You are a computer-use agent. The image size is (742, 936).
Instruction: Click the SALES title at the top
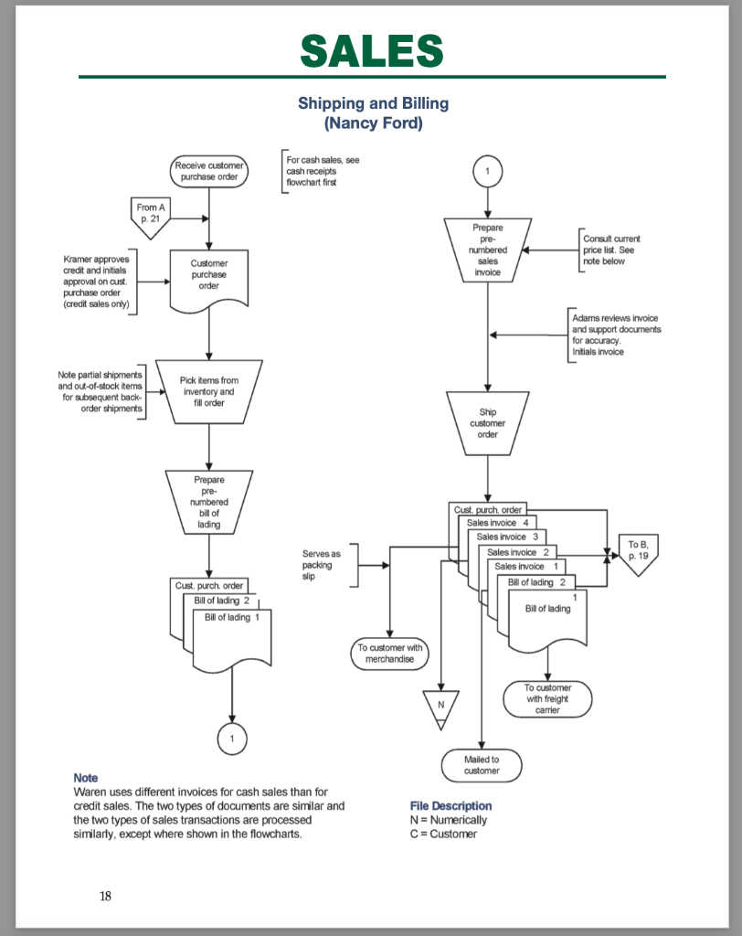[372, 50]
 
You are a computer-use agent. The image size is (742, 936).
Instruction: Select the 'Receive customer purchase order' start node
[209, 171]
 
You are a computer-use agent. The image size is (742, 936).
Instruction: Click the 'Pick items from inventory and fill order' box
[209, 391]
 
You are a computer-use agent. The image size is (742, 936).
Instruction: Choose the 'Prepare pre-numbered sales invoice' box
[488, 249]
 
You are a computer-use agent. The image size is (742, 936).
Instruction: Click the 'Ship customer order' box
[488, 422]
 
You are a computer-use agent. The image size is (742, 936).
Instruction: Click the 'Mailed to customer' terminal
[482, 764]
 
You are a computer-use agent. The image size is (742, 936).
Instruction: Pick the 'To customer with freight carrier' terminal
[547, 699]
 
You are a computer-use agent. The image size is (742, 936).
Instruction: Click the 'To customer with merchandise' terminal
[390, 653]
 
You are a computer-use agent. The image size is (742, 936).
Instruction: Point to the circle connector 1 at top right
[488, 171]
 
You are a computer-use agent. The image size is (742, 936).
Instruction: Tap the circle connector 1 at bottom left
[232, 738]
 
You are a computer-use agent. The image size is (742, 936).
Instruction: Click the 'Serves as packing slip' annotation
[322, 565]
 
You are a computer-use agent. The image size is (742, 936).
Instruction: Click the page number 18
[105, 896]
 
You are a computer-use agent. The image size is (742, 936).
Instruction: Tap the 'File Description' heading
[451, 805]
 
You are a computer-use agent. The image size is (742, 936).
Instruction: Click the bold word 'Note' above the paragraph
[85, 777]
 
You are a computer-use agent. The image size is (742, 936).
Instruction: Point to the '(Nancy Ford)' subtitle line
[373, 123]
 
